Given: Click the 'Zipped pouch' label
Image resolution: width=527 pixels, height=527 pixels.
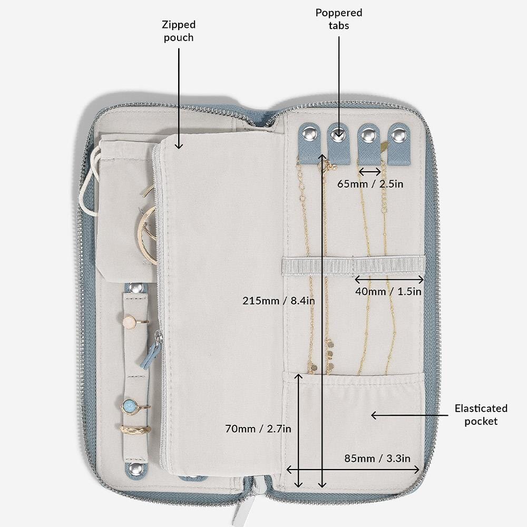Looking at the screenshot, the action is point(179,31).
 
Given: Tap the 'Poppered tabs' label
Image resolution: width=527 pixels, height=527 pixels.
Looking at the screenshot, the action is point(339,19).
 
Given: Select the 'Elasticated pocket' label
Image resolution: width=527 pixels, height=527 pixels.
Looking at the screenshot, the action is point(481,415).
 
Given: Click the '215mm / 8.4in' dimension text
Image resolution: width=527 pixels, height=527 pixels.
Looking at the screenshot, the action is point(279,300).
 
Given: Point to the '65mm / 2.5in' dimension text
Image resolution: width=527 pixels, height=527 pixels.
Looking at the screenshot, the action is point(370,184).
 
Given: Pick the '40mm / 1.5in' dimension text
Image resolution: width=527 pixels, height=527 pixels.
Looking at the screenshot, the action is point(388,291).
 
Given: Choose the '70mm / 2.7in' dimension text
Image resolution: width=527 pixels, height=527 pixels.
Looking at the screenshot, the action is point(258,428).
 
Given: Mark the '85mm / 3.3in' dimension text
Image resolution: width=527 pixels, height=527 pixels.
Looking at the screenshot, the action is point(377,458).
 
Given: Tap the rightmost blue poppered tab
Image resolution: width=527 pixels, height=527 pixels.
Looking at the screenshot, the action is point(399,143).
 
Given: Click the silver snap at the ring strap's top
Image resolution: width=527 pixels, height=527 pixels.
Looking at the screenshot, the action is point(136,288).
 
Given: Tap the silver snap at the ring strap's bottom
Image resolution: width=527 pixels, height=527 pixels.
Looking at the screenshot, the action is point(135,469).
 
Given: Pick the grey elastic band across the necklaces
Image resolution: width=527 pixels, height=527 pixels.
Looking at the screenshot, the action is point(354,266).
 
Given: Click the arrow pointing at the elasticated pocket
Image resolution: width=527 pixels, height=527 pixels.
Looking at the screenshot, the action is point(409,415).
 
